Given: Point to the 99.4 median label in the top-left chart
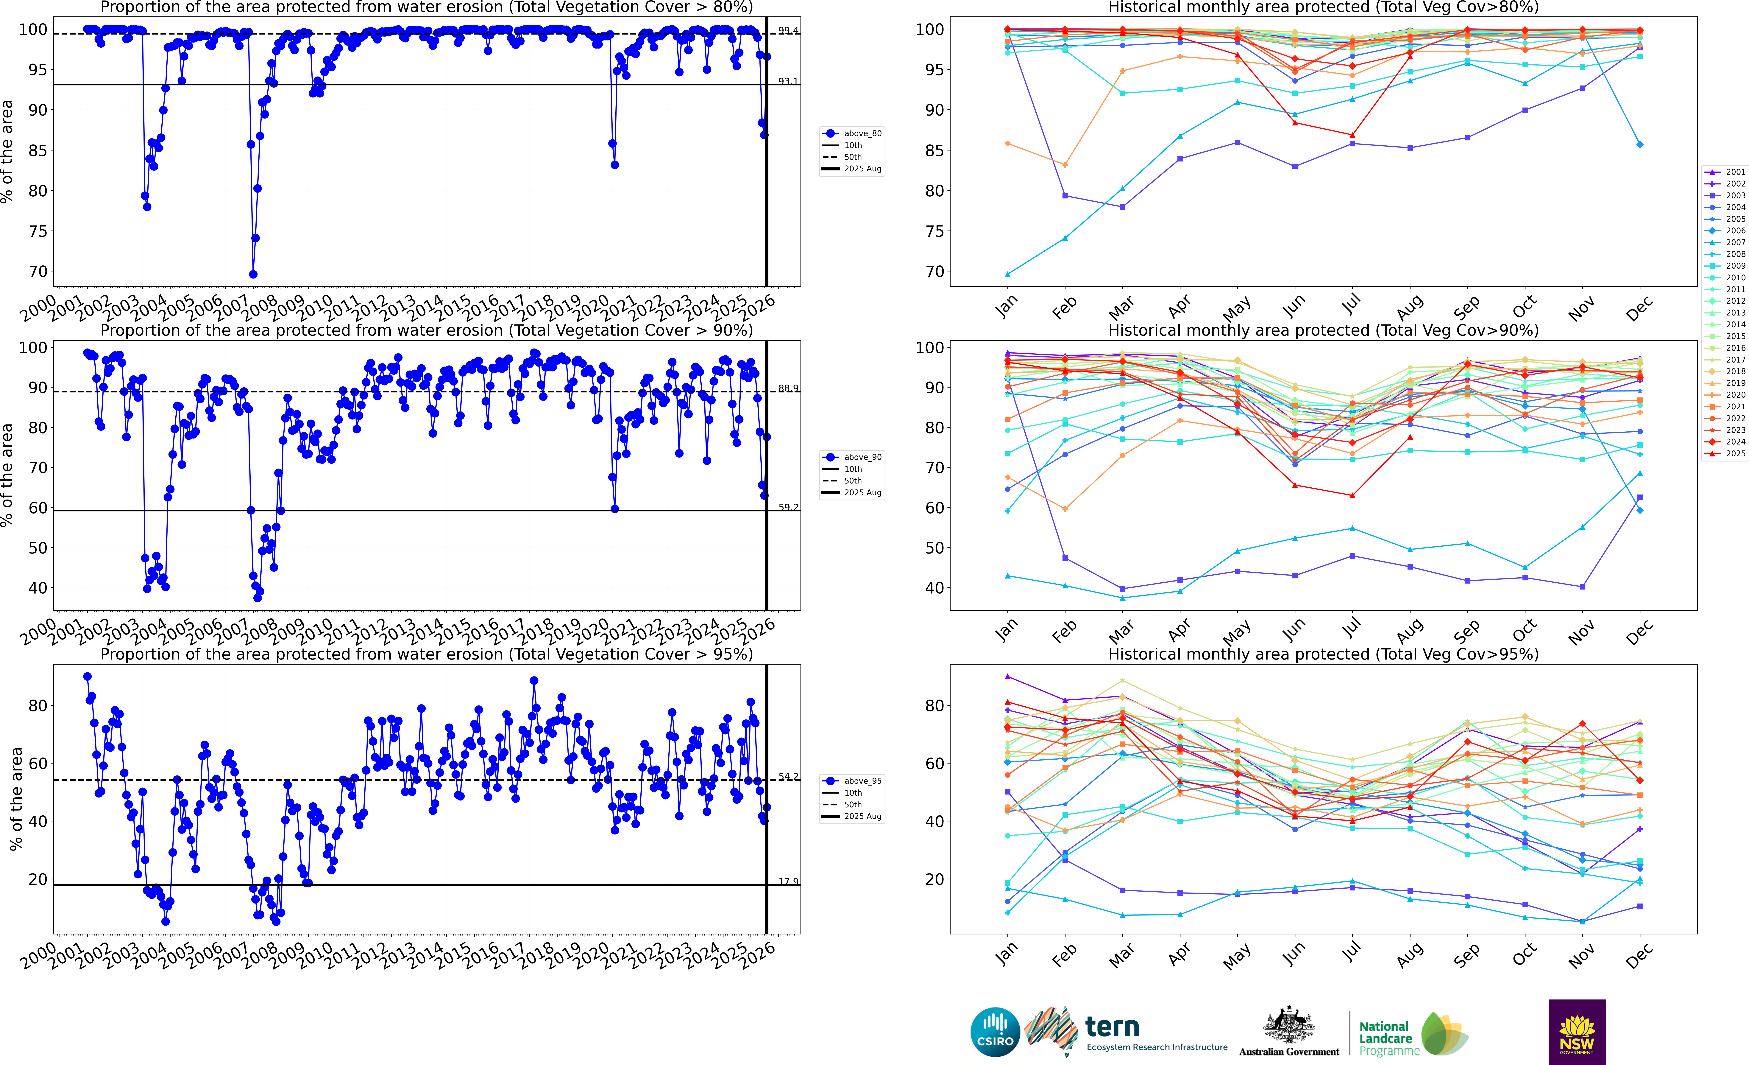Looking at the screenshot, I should click(x=788, y=31).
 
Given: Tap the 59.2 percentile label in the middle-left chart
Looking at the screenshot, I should click(x=788, y=507).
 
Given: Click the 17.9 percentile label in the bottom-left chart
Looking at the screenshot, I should click(x=788, y=881).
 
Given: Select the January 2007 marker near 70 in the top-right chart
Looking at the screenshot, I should click(x=1007, y=274).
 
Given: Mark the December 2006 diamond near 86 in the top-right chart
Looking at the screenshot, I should click(x=1640, y=144).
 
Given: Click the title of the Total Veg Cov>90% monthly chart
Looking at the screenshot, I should click(x=1323, y=330).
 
